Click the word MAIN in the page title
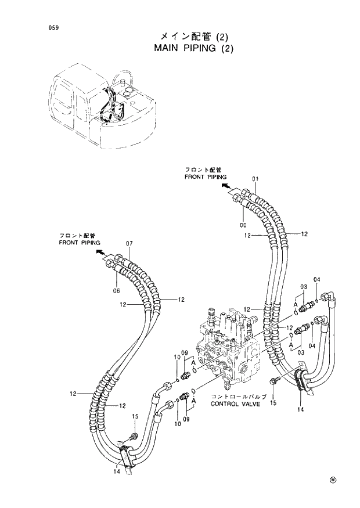pos(167,48)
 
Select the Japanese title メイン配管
pos(180,36)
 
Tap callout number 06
pos(116,290)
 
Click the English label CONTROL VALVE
pos(232,403)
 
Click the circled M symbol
pos(333,480)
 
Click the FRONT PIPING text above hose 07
pos(79,242)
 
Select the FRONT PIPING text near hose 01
pos(206,176)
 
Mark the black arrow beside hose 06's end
pos(100,254)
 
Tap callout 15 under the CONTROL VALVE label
pos(273,402)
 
